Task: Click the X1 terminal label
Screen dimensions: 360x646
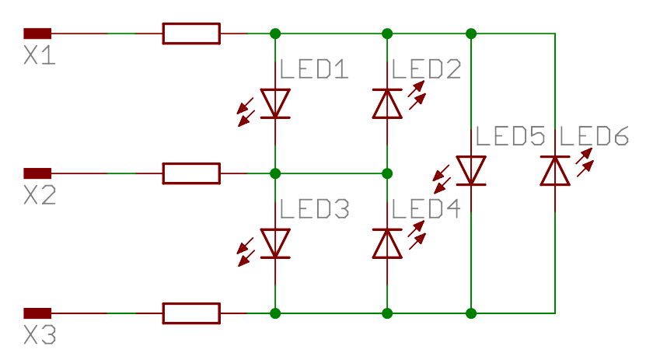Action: point(39,57)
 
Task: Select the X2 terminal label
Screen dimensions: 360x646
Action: point(39,197)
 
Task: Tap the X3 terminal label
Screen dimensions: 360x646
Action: point(39,336)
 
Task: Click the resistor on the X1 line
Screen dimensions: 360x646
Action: point(190,33)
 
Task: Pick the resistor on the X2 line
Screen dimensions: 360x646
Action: point(190,173)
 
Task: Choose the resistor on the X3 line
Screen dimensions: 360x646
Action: point(190,313)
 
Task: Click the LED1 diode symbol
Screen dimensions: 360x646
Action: point(275,103)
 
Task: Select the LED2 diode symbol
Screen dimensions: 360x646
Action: point(387,103)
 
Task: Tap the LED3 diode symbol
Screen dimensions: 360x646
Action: point(275,243)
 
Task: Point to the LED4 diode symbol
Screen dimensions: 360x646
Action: point(387,243)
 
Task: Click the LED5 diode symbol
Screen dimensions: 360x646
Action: point(471,170)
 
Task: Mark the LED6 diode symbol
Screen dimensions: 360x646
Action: point(555,170)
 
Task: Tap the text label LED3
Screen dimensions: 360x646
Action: point(313,209)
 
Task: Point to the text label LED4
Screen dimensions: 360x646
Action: point(426,209)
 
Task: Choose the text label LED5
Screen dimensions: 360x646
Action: point(510,137)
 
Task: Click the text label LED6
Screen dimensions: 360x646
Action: point(594,137)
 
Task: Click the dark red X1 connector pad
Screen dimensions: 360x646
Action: point(37,33)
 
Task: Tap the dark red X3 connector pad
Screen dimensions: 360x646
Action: point(37,313)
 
